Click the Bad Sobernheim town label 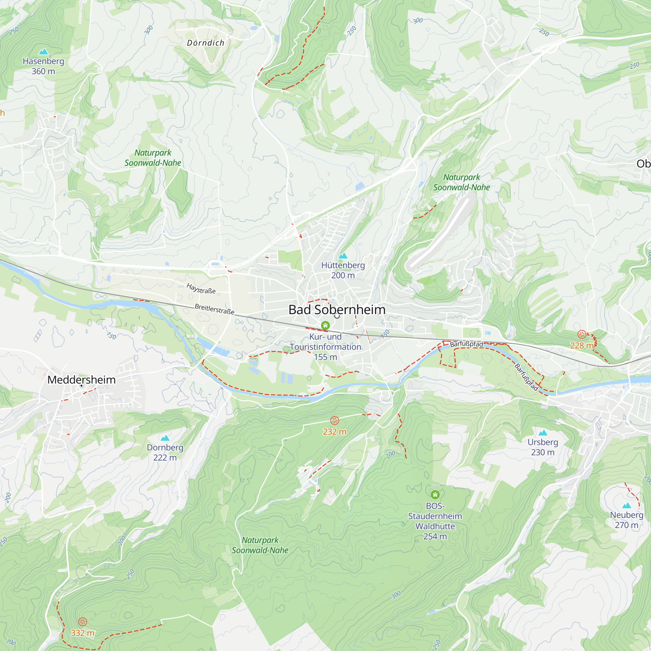337,310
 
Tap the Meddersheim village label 82,380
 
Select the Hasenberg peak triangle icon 44,51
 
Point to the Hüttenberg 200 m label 343,270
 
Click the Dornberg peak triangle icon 165,438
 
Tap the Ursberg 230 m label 543,447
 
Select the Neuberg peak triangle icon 626,506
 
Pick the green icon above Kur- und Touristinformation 325,325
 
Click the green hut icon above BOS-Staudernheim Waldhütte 435,495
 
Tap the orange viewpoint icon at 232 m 334,421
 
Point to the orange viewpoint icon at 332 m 83,622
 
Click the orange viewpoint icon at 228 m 582,334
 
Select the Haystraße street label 201,289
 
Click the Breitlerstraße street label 214,309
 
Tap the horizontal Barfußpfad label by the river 466,344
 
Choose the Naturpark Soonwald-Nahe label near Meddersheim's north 153,158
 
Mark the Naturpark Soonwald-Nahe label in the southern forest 260,545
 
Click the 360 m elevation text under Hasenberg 43,71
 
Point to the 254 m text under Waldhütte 435,536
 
